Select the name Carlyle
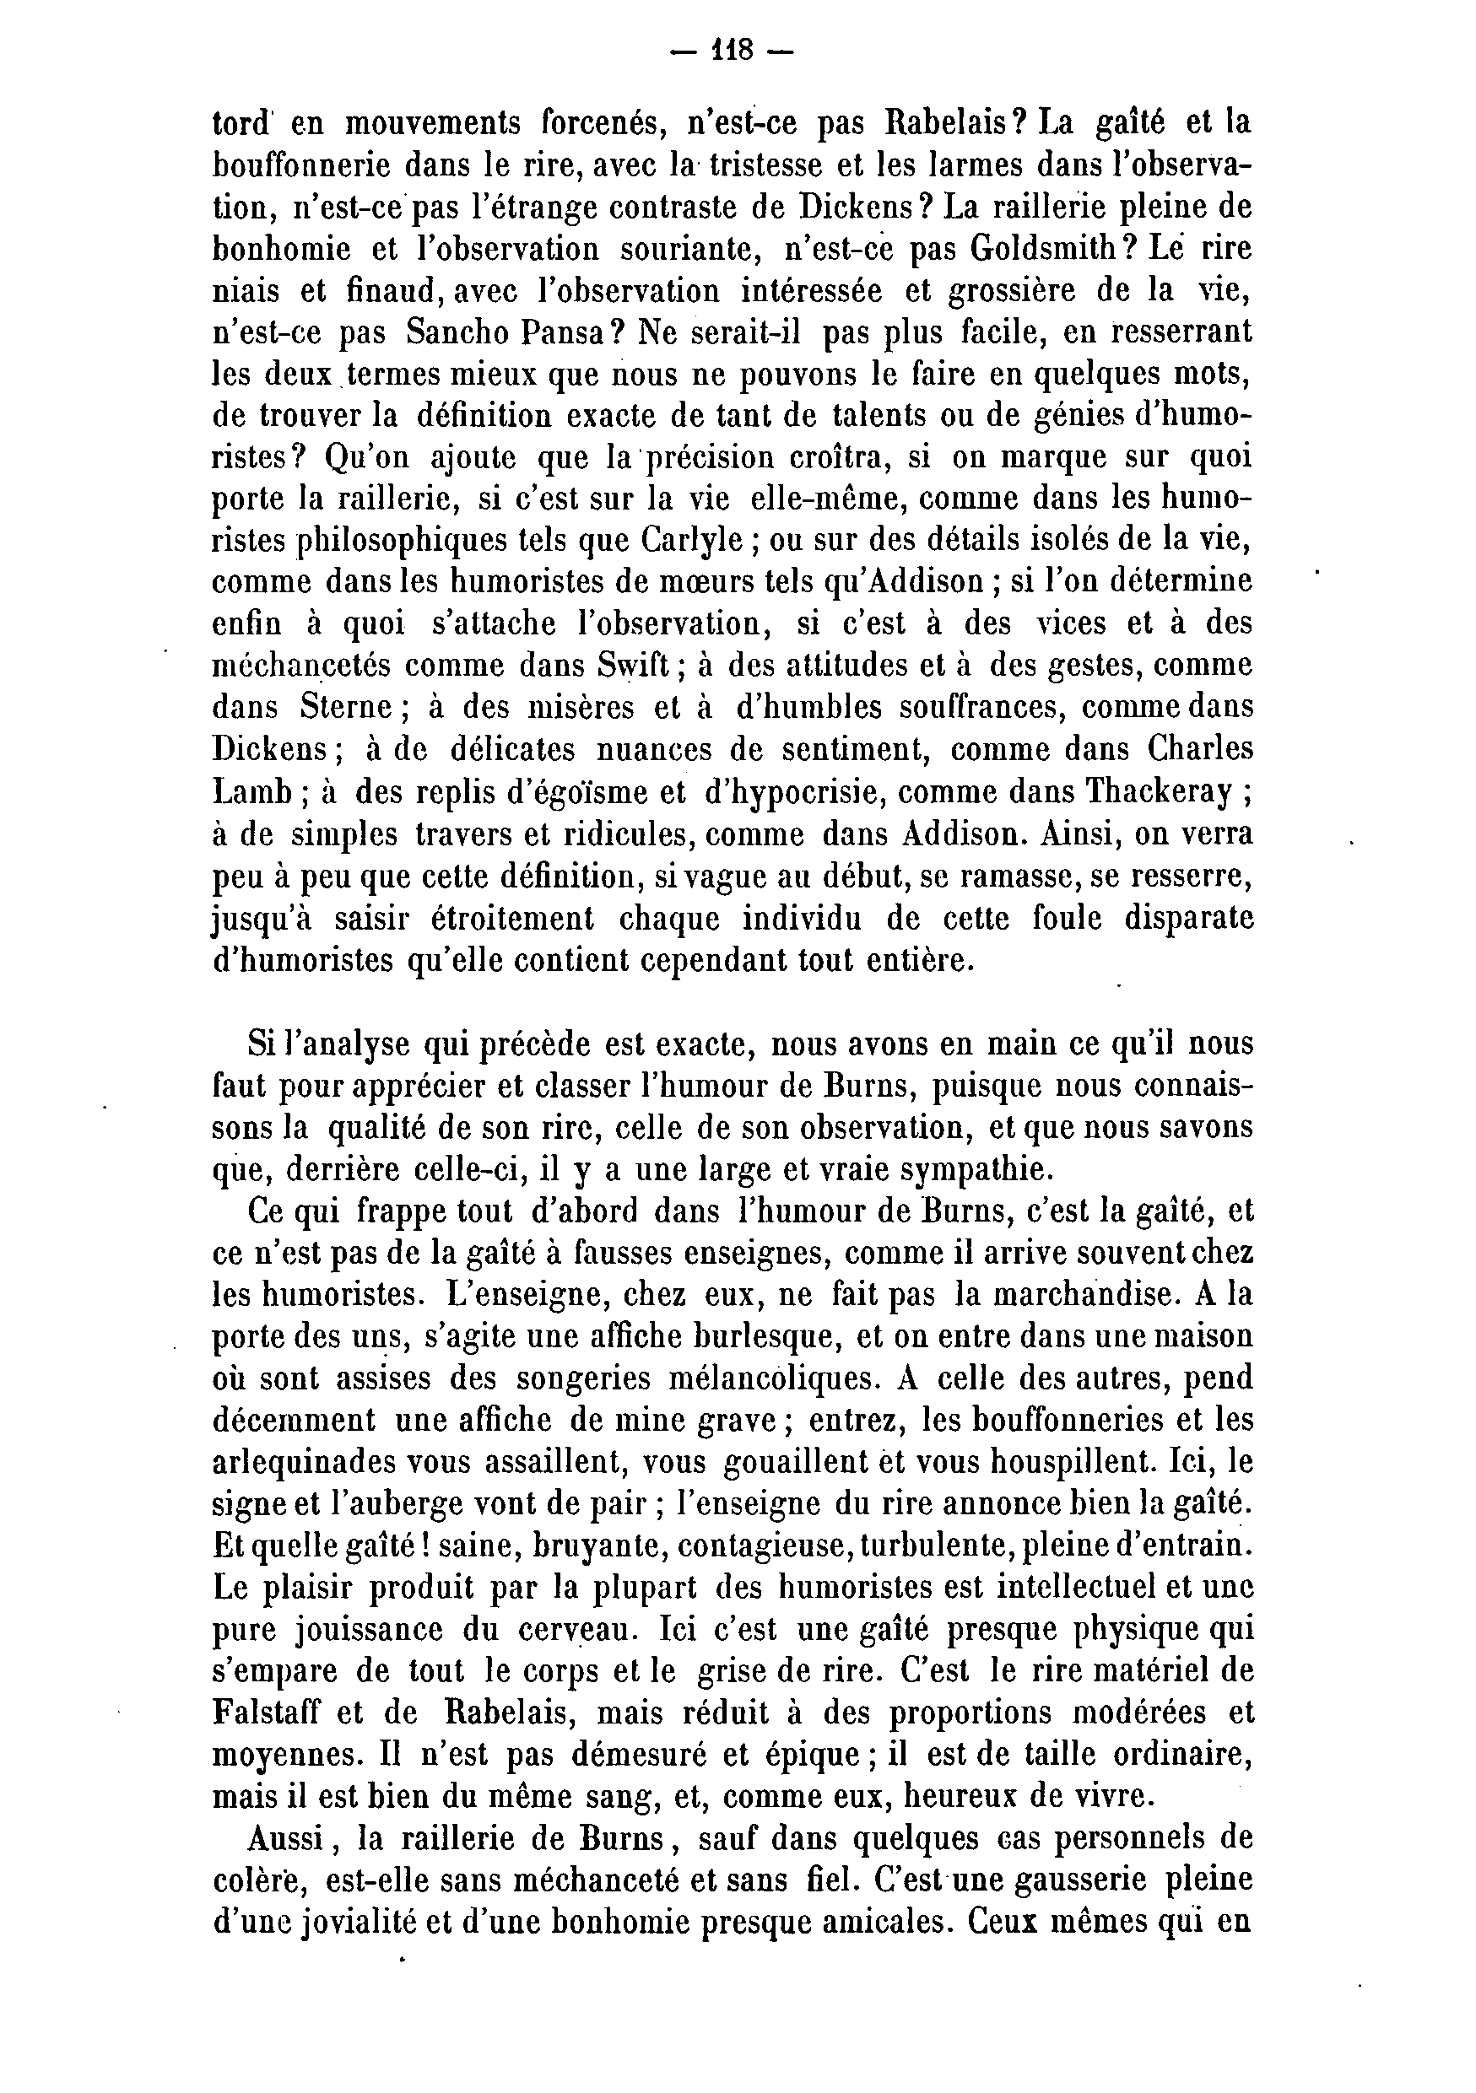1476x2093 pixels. click(x=693, y=541)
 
